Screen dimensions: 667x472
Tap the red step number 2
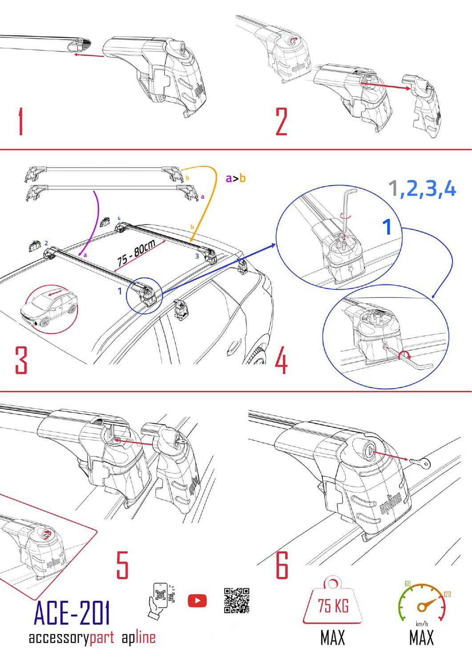[x=281, y=121]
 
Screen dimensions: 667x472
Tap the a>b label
[x=235, y=178]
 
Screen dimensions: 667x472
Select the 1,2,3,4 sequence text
[x=422, y=189]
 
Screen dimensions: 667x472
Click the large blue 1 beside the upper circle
[x=387, y=227]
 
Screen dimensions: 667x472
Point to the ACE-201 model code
[x=72, y=613]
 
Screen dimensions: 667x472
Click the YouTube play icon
[x=197, y=601]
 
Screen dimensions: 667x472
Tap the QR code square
[x=236, y=601]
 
